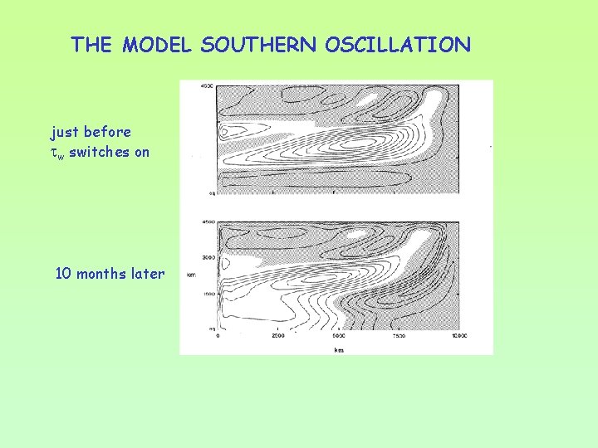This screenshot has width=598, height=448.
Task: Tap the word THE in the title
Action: (92, 45)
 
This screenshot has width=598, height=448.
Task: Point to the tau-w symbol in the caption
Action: (58, 153)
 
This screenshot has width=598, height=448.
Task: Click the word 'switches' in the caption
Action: (98, 152)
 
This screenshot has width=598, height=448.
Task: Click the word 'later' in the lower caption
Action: (148, 273)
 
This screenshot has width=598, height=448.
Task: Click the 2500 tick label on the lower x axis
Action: (277, 336)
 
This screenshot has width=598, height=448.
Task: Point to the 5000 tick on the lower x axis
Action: (338, 336)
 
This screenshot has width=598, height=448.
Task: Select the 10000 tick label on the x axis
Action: (459, 336)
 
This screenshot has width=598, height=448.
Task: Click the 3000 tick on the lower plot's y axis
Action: (208, 258)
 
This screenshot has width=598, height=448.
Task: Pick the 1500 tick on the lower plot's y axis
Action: (208, 294)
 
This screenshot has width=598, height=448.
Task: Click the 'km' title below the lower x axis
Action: (338, 349)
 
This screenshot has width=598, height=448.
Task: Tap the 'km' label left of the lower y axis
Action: (191, 275)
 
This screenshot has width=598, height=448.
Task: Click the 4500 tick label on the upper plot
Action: (208, 86)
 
